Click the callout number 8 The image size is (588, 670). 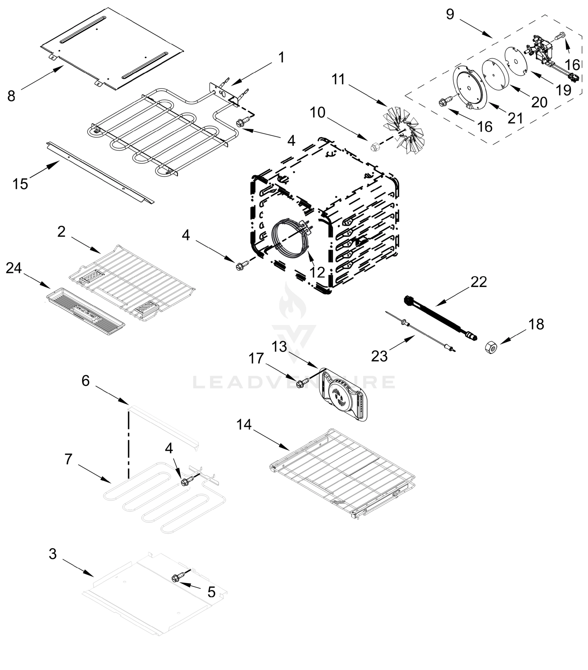pyautogui.click(x=11, y=96)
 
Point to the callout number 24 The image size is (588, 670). pyautogui.click(x=14, y=268)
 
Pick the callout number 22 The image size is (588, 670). pyautogui.click(x=479, y=282)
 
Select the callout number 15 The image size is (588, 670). pyautogui.click(x=20, y=184)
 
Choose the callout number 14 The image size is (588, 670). pyautogui.click(x=244, y=425)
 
